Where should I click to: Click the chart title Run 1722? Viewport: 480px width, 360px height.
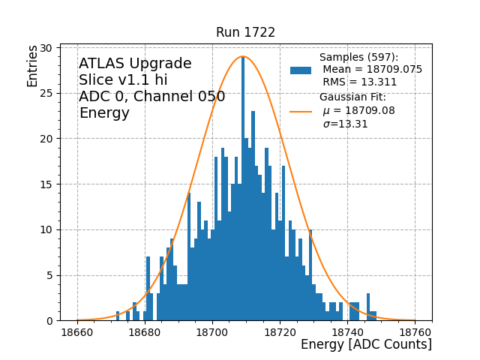tap(245, 32)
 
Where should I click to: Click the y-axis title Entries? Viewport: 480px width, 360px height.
tap(33, 65)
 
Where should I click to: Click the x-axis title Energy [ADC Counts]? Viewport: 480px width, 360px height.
tap(366, 344)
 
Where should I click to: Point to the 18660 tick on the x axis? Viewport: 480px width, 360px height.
tap(77, 332)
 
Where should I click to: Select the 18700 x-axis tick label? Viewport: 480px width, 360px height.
tap(212, 332)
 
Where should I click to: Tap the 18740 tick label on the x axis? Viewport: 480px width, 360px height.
tap(347, 332)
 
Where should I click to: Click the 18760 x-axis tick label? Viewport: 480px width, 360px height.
tap(415, 332)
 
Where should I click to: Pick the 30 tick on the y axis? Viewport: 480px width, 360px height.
tap(46, 48)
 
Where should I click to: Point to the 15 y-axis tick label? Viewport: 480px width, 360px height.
tap(46, 184)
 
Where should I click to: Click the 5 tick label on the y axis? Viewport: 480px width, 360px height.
tap(49, 275)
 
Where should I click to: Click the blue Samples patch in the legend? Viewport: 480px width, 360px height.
tap(301, 70)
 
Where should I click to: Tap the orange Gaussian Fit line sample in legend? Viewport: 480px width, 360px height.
tap(301, 111)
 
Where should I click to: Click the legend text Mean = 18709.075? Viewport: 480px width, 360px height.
tap(372, 70)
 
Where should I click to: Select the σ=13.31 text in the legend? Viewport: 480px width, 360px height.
tap(345, 124)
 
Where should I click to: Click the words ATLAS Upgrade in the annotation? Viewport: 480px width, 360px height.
tap(135, 64)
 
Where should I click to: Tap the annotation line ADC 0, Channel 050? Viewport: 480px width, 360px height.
tap(151, 97)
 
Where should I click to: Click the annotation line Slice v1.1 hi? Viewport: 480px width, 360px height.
tap(123, 80)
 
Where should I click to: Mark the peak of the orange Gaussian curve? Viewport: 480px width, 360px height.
tap(243, 56)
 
